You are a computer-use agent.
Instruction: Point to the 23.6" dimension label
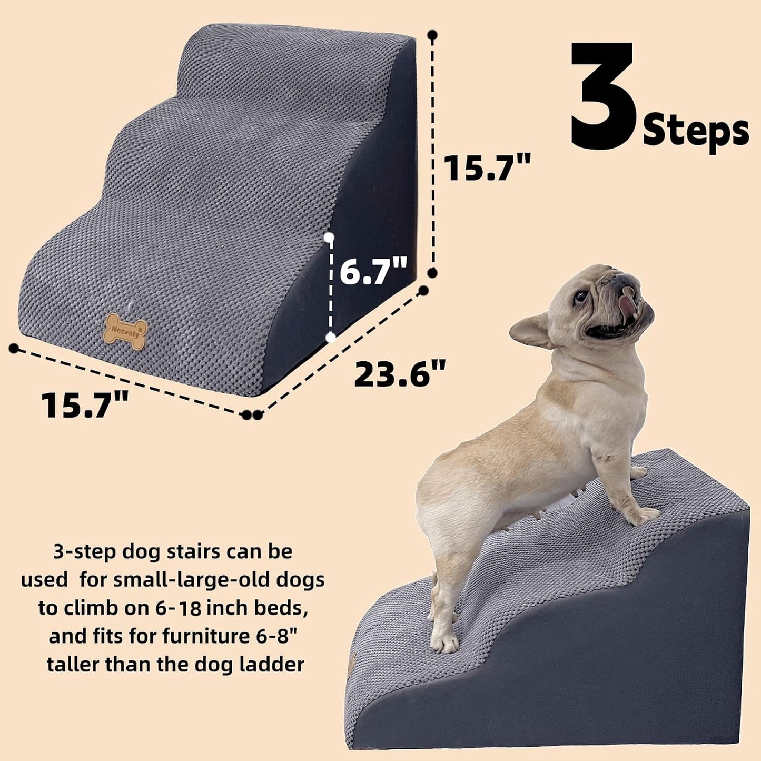point(400,374)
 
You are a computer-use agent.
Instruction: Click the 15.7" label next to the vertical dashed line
point(487,167)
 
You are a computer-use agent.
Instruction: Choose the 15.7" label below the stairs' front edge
point(86,406)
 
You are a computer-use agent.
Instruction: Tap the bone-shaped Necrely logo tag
point(125,332)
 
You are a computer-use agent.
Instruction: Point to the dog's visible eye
point(580,297)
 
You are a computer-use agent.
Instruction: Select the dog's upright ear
point(532,330)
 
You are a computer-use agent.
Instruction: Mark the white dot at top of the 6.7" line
point(329,238)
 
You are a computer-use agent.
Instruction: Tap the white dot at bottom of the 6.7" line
point(331,338)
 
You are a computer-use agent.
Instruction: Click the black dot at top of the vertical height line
point(432,35)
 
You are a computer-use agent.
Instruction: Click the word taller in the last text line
point(73,664)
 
